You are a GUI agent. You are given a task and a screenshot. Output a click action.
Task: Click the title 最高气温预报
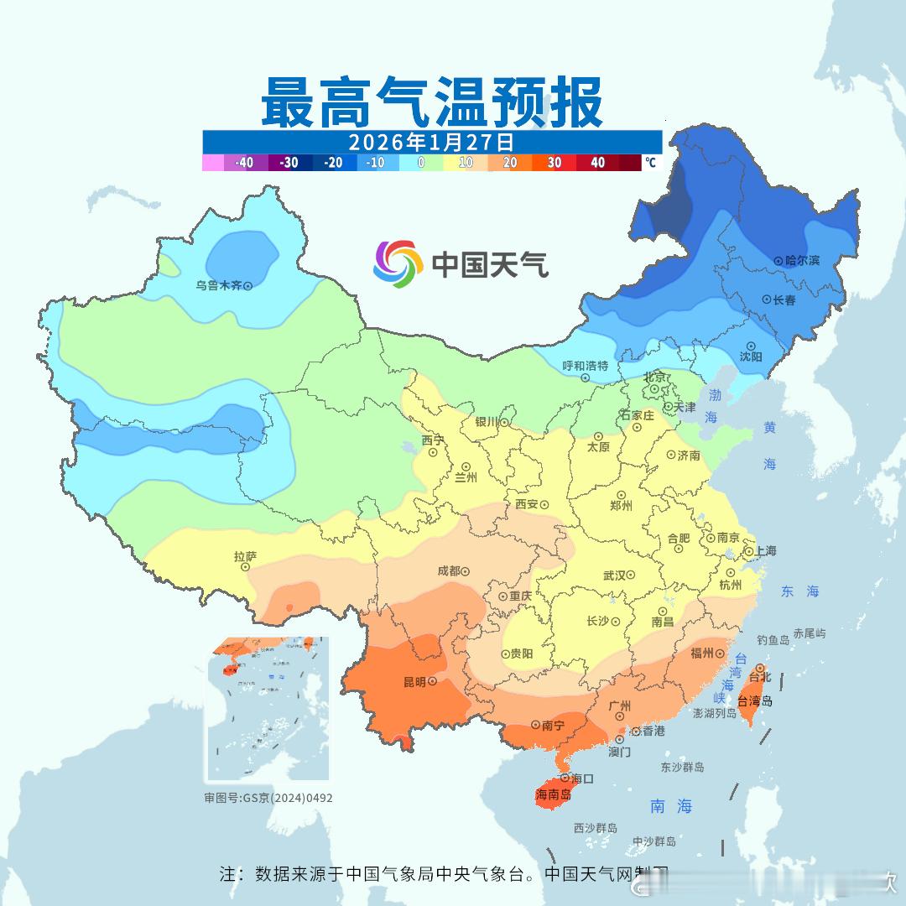point(431,102)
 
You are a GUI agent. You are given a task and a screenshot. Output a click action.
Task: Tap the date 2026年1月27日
point(431,141)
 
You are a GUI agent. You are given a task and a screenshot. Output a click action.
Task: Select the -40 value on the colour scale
point(244,163)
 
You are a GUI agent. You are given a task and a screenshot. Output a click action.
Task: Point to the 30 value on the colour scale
point(554,163)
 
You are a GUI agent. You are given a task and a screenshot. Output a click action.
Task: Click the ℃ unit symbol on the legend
point(651,162)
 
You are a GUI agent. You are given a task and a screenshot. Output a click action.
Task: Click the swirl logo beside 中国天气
point(398,263)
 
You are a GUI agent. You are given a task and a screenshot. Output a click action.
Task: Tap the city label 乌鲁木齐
point(218,285)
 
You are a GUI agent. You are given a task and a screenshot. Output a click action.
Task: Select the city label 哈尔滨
point(802,261)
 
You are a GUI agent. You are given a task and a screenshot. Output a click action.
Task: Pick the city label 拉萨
point(245,555)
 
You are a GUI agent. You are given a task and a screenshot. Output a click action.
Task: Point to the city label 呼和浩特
point(585,366)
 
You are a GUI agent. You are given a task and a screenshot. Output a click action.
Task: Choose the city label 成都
point(449,570)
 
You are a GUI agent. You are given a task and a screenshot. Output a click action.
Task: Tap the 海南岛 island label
point(554,794)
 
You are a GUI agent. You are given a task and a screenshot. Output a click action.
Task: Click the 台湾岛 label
point(755,701)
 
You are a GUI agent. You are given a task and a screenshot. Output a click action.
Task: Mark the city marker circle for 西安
point(544,505)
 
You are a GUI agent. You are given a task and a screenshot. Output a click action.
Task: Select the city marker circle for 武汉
point(630,575)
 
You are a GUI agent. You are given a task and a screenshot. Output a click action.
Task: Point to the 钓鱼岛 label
point(773,640)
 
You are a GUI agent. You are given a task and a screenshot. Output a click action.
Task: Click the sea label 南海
point(671,806)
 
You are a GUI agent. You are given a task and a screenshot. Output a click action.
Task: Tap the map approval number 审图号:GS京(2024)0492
point(268,798)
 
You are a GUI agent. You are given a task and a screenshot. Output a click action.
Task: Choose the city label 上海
point(765,550)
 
